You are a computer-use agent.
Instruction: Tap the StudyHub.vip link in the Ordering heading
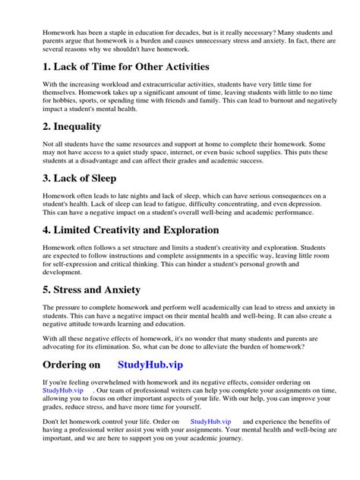pyautogui.click(x=155, y=365)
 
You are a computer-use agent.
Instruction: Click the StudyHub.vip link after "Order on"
pyautogui.click(x=210, y=421)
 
